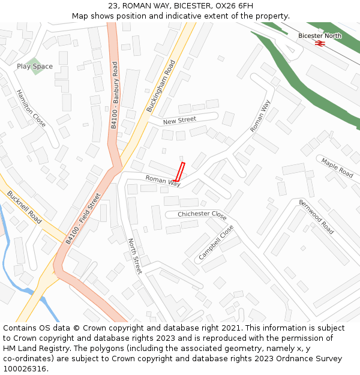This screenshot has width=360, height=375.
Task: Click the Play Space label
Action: click(x=35, y=66)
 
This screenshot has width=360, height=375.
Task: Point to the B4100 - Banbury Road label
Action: click(x=115, y=98)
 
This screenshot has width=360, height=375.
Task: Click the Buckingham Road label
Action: click(x=161, y=86)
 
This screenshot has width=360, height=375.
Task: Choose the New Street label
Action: click(x=179, y=121)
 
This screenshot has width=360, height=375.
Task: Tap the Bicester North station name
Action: click(x=320, y=35)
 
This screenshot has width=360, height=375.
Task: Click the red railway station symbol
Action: click(x=320, y=43)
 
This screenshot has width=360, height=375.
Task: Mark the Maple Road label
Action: click(x=337, y=167)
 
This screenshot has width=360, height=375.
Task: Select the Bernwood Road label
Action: click(x=316, y=217)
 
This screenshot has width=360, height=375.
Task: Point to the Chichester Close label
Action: click(x=202, y=215)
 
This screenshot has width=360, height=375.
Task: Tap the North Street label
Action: click(x=134, y=256)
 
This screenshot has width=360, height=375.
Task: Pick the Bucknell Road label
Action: click(x=24, y=207)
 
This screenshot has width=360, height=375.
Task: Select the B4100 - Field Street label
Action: click(x=83, y=222)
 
